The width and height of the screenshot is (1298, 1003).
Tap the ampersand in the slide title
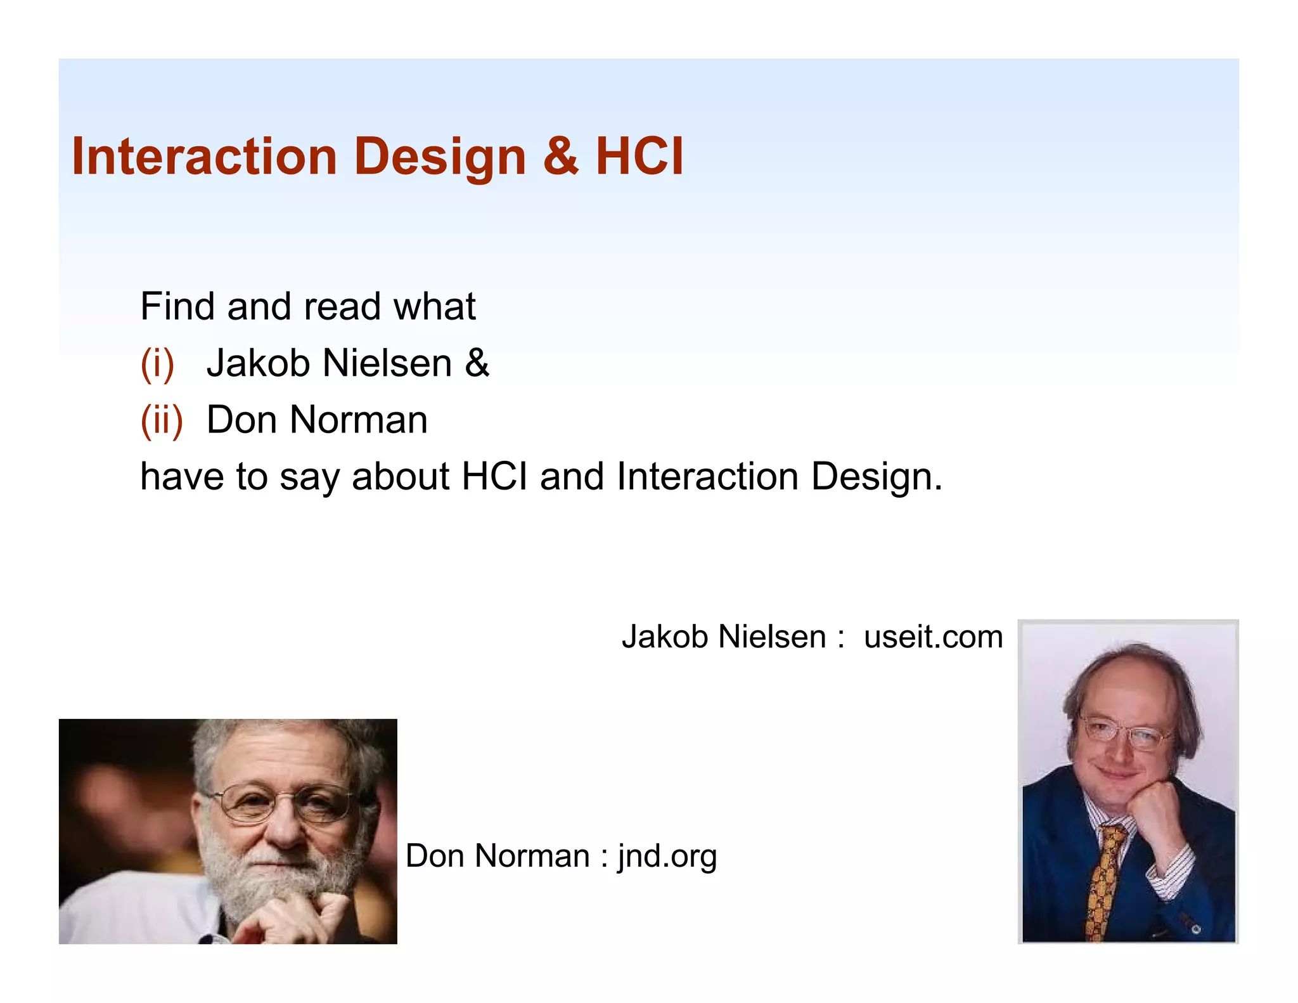tap(560, 157)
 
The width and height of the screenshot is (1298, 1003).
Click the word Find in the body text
tap(177, 307)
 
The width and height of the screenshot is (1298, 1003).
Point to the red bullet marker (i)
tap(157, 365)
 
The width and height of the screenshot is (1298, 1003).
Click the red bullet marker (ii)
tap(161, 421)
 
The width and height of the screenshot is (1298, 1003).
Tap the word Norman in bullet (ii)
tap(358, 420)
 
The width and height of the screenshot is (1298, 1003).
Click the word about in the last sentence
tap(401, 477)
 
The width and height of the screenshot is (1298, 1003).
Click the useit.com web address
tap(933, 637)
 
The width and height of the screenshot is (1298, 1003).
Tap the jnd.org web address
tap(667, 857)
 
